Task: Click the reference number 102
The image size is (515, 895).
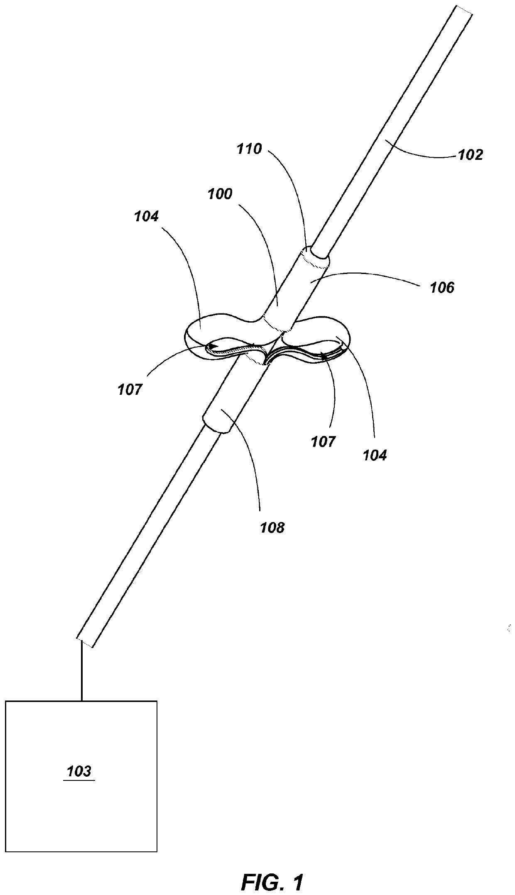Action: pos(470,154)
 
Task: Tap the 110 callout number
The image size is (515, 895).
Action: pos(249,149)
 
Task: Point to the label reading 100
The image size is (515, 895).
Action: pos(220,194)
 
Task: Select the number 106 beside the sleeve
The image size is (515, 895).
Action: pos(442,287)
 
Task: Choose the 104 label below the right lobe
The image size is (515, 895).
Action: pos(375,455)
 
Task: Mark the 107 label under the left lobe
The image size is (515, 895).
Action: pos(130,389)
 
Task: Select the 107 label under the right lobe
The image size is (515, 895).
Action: pos(323,441)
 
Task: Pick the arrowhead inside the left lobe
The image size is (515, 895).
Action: pos(214,345)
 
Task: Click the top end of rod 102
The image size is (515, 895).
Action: pos(464,10)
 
